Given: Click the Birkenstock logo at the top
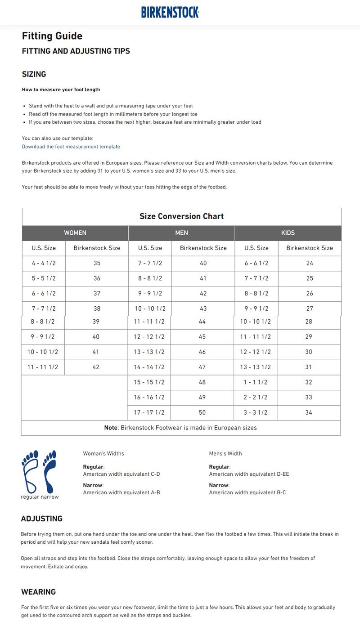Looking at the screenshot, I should click(x=170, y=12).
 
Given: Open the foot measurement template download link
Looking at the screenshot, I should click(x=71, y=147).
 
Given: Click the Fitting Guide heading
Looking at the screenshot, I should click(x=52, y=36).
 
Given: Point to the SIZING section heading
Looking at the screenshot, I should click(x=34, y=74).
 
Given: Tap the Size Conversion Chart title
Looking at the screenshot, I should click(x=181, y=216).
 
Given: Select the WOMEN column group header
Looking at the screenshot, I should click(x=75, y=233).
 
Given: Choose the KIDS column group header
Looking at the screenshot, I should click(x=288, y=233).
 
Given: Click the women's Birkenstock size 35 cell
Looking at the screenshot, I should click(x=97, y=263).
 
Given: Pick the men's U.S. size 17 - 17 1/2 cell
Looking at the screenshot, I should click(x=149, y=412).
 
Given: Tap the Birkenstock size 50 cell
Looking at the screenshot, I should click(x=202, y=412).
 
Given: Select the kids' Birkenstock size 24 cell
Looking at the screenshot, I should click(x=310, y=263).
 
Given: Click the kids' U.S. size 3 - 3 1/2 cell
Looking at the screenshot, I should click(x=256, y=412).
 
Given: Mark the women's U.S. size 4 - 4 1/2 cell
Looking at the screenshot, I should click(x=44, y=263).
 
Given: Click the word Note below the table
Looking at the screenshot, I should click(x=111, y=428).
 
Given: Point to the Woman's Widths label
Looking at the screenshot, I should click(x=103, y=453).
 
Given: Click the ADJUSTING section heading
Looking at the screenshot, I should click(x=42, y=519).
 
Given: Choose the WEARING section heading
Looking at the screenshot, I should click(x=39, y=592).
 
